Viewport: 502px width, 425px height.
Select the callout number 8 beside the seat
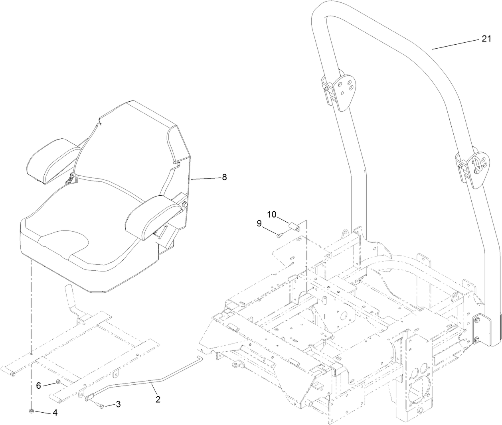coord(224,177)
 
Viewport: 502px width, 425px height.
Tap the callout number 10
coord(272,214)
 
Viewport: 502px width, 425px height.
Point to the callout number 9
coord(259,224)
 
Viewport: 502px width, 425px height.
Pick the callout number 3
coord(118,404)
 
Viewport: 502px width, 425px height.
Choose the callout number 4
coord(55,413)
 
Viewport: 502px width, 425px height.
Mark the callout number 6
coord(39,386)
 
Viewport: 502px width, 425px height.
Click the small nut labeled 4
coord(31,411)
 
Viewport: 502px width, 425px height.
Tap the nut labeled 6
coord(57,383)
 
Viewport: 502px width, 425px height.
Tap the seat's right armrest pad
coord(153,215)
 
